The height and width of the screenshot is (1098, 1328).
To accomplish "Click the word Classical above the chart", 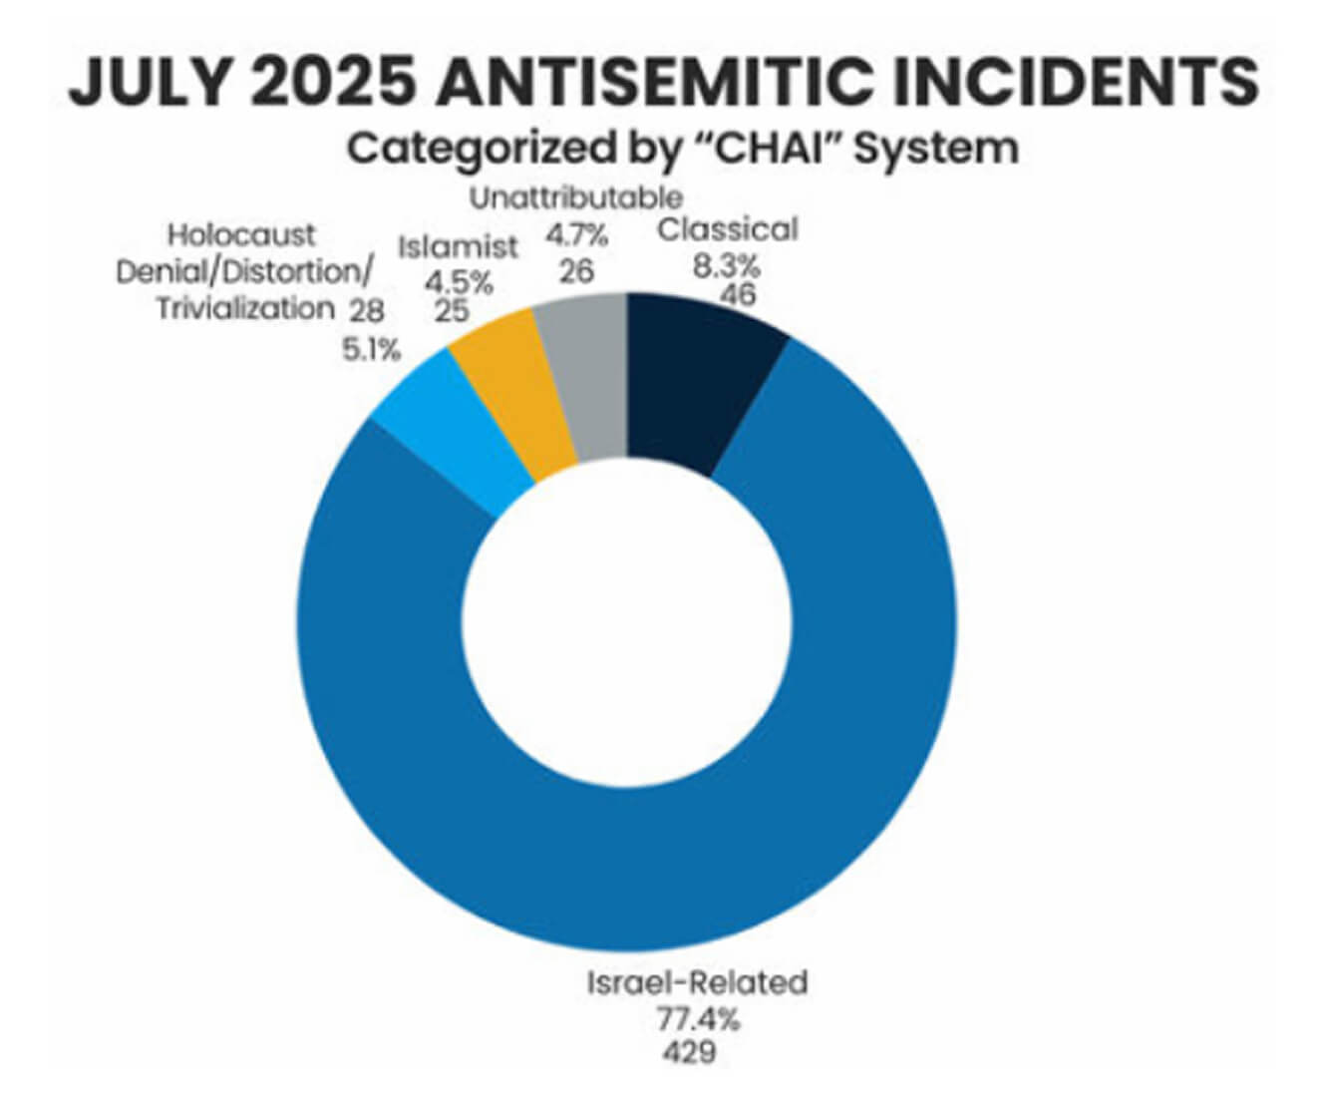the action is (x=728, y=229).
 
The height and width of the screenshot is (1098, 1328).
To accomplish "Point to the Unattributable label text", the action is (x=576, y=198).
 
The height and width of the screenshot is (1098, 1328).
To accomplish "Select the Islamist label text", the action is (x=458, y=247).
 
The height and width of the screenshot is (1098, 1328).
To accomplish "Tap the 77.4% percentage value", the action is (x=699, y=1019).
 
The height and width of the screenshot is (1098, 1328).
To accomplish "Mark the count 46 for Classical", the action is (x=739, y=294).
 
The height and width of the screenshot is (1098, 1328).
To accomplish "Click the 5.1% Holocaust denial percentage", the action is (x=372, y=349).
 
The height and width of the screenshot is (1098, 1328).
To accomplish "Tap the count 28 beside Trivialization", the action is (x=367, y=311).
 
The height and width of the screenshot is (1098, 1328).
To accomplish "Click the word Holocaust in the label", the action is (x=241, y=235).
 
